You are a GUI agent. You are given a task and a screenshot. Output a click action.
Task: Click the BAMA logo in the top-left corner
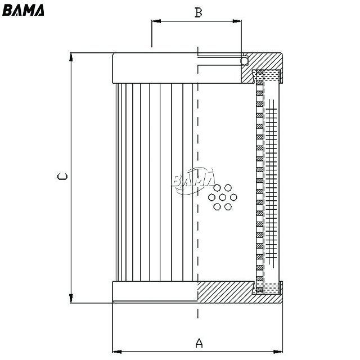[x=23, y=10]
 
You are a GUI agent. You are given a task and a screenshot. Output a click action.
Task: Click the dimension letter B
[x=199, y=12]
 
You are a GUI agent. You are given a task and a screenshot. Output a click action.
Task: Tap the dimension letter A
[x=199, y=343]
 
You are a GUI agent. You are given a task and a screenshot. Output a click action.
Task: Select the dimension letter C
[x=62, y=176]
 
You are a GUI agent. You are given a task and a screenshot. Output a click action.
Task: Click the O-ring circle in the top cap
[x=244, y=61]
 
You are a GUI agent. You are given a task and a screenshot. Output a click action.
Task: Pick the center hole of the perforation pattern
[x=223, y=197]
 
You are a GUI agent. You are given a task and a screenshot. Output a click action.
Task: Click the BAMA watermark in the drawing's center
[x=193, y=181]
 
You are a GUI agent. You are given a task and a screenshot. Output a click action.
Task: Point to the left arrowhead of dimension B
[x=156, y=21]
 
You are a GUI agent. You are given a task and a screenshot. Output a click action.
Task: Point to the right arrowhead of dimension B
[x=237, y=21]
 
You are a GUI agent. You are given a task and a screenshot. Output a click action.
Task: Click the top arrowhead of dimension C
[x=71, y=57]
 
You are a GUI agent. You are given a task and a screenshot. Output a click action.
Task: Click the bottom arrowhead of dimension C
[x=71, y=298]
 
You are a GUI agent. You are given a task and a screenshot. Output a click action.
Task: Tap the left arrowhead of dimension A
[x=117, y=352]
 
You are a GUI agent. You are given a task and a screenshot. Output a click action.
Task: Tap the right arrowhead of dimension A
[x=278, y=352]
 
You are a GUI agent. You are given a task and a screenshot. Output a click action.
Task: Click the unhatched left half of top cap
[x=155, y=68]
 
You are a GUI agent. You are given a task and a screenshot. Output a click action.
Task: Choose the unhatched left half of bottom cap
[x=155, y=291]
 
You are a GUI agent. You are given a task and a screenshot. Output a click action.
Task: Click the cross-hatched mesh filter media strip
[x=271, y=184]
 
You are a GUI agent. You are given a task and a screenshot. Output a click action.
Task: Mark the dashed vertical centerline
[x=197, y=182]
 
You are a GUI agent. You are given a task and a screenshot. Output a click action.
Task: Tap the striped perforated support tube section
[x=260, y=181]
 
